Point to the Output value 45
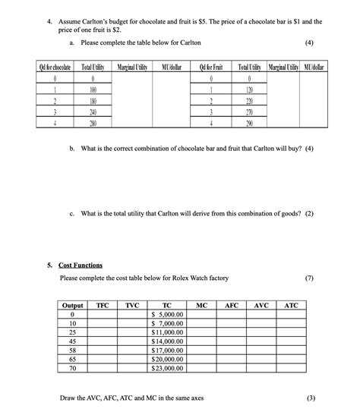pyautogui.click(x=72, y=341)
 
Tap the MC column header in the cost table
pyautogui.click(x=201, y=305)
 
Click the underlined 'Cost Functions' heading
pyautogui.click(x=81, y=265)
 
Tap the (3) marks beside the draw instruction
pyautogui.click(x=309, y=398)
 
